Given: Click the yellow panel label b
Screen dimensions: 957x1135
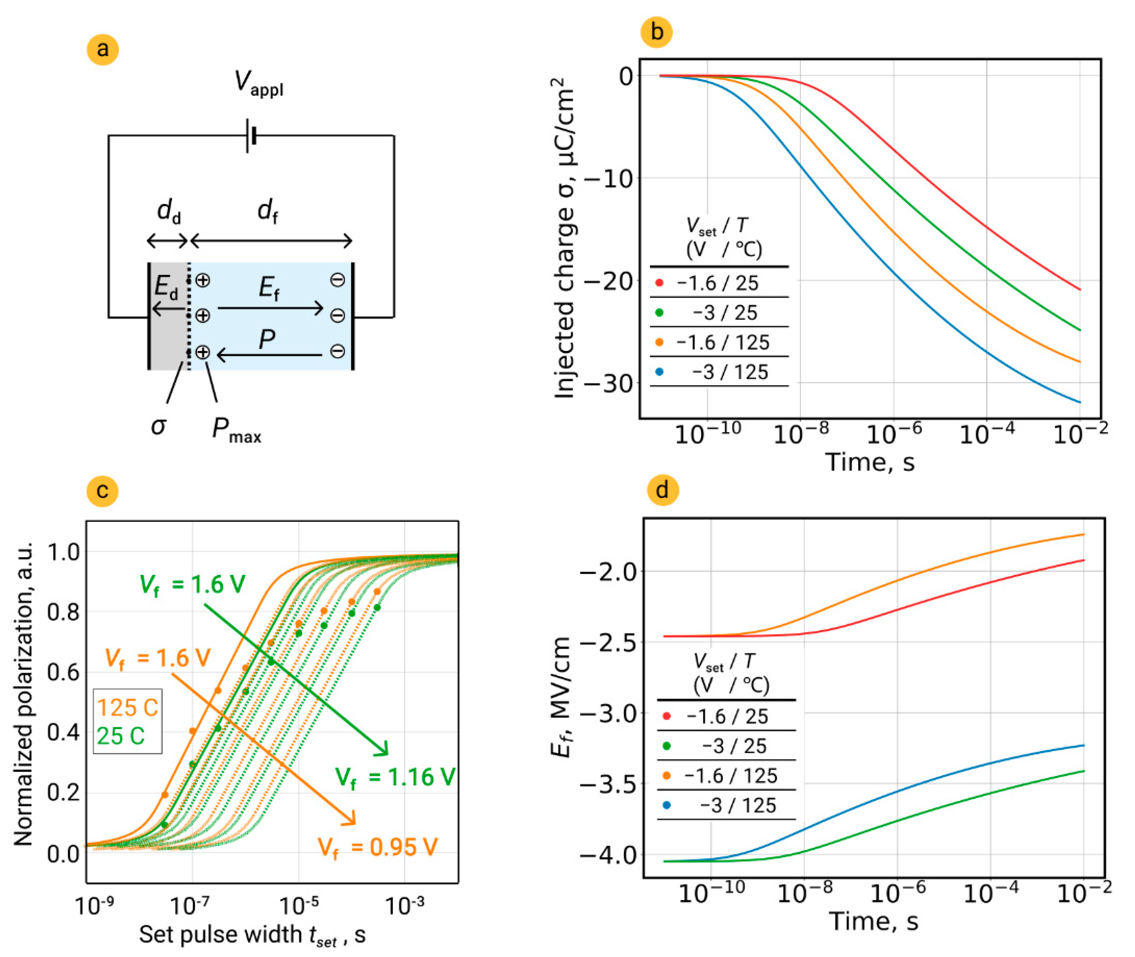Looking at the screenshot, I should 657,32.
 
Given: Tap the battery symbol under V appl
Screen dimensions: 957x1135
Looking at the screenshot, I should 251,135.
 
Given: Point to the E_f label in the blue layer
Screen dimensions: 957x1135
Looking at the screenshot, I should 269,287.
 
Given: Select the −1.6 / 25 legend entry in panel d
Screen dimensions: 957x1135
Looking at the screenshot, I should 727,716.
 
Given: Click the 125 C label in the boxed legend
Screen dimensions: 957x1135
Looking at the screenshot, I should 128,708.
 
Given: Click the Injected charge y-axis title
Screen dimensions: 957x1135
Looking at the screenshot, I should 564,239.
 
